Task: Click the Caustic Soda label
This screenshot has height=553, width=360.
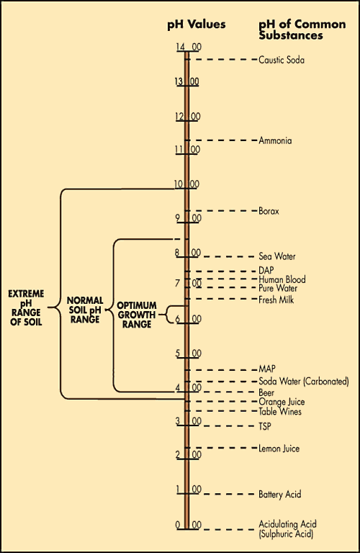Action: [282, 60]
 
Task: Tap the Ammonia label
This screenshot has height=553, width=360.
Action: [275, 140]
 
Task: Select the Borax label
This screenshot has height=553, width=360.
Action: [269, 211]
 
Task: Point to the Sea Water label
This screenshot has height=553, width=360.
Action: [277, 256]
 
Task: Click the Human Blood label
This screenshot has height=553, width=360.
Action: [282, 279]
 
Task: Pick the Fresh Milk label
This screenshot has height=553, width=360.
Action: [276, 300]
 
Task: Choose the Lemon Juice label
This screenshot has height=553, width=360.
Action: [279, 449]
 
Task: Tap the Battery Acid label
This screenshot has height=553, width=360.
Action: [279, 494]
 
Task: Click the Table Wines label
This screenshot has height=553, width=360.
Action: [280, 412]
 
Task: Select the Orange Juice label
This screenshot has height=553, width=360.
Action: [282, 402]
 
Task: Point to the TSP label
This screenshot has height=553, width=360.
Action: [265, 426]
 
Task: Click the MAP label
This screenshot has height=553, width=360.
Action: [267, 369]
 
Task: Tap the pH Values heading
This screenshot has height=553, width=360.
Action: [197, 24]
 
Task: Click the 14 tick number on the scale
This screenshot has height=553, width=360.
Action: [181, 47]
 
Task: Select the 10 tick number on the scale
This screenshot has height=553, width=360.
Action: [179, 184]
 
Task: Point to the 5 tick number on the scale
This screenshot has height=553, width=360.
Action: [178, 354]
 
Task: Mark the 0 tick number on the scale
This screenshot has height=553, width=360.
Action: [178, 525]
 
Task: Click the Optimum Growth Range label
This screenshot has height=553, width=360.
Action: [137, 315]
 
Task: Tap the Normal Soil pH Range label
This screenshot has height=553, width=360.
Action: [85, 310]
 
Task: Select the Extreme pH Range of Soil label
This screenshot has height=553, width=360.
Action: [26, 308]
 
